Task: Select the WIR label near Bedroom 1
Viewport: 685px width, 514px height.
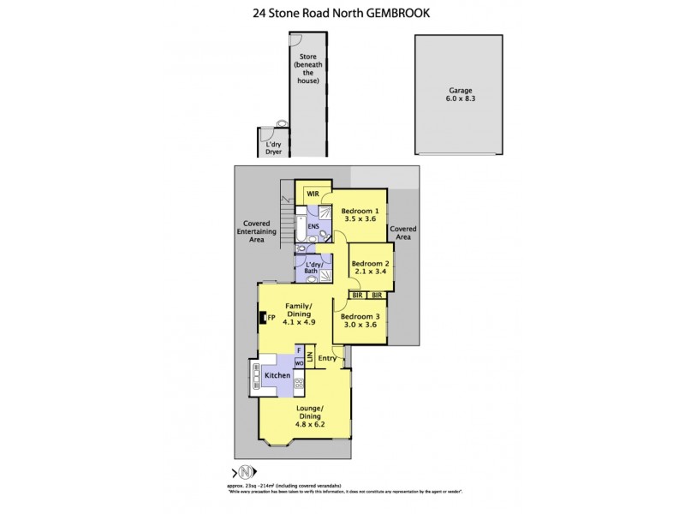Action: [x=313, y=194]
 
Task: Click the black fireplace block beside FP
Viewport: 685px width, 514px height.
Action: [x=264, y=318]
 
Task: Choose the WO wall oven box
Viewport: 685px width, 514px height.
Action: [x=300, y=363]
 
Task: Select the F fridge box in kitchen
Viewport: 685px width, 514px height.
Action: [x=299, y=350]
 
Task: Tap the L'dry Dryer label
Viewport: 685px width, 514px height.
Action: [x=273, y=149]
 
